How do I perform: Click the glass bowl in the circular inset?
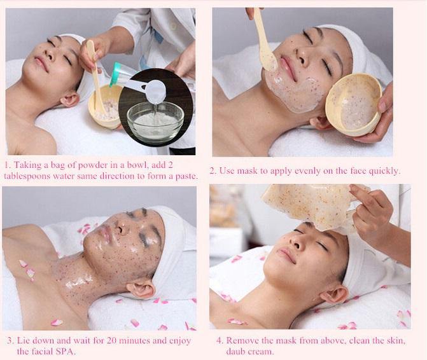(x=155, y=123)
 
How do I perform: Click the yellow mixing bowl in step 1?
(x=106, y=106)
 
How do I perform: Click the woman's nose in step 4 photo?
(x=297, y=242)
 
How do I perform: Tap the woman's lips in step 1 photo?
(x=41, y=63)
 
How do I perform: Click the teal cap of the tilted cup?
(x=117, y=74)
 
